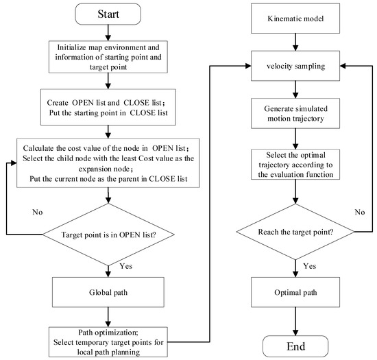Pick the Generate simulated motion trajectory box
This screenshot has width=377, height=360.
click(x=297, y=115)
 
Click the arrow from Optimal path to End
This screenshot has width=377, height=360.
click(x=297, y=321)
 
